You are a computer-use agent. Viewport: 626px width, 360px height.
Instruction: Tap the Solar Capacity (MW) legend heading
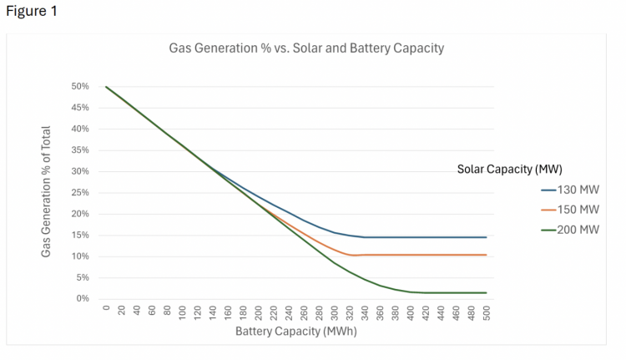tap(510, 170)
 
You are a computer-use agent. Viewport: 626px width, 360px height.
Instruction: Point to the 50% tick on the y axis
tap(80, 87)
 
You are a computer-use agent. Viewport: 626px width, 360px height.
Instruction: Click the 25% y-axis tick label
tap(80, 193)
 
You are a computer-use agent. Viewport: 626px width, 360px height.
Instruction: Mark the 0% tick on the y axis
tap(83, 299)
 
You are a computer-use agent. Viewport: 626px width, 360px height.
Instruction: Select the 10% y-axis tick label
tap(80, 256)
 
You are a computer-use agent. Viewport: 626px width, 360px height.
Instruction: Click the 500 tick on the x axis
tap(487, 313)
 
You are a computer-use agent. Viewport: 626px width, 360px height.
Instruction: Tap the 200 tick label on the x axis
tap(259, 313)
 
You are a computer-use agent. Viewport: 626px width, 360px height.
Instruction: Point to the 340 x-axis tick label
tap(366, 313)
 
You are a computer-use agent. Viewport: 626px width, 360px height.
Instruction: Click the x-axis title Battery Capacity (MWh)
tap(296, 332)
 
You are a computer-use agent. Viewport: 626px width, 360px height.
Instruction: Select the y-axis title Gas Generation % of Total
tap(47, 191)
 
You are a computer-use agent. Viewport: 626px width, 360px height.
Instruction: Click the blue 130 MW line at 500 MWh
tap(486, 237)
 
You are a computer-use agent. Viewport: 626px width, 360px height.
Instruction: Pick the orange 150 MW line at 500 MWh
tap(486, 255)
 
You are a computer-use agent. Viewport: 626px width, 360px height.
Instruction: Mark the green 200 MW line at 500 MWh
tap(486, 292)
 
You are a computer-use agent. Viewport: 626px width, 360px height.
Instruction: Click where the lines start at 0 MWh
tap(106, 87)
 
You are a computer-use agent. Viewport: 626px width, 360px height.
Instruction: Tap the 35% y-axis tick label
tap(80, 150)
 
